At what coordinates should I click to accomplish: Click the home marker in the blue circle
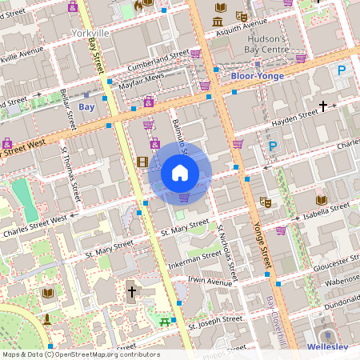tap(180, 173)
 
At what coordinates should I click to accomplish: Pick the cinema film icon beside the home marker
tap(142, 162)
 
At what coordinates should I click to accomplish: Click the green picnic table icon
tap(165, 322)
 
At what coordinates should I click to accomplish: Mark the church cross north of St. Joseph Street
tap(132, 292)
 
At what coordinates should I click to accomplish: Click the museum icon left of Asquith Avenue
tap(218, 16)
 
